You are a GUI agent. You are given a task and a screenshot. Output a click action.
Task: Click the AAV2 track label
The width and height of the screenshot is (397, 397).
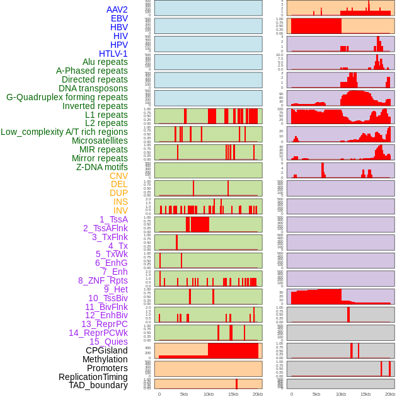tap(117, 9)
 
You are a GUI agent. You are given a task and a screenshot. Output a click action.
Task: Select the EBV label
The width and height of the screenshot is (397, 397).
tap(119, 18)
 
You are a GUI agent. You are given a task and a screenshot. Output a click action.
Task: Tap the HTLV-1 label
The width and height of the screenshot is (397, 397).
tap(113, 54)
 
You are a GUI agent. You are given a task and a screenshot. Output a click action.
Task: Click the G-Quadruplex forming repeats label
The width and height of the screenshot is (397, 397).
tap(67, 97)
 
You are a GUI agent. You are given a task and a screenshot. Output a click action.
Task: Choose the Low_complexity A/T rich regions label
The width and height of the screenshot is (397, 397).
tap(64, 132)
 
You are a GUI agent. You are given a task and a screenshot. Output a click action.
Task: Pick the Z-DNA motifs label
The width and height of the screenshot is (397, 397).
tap(102, 167)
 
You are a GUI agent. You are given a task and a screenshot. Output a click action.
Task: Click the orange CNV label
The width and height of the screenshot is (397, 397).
tap(118, 176)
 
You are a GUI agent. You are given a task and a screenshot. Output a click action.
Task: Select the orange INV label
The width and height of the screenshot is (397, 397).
tap(120, 210)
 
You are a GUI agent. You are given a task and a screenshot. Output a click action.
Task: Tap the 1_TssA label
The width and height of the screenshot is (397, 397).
tap(113, 219)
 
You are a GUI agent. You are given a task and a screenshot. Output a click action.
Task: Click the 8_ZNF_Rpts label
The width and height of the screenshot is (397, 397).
tap(103, 280)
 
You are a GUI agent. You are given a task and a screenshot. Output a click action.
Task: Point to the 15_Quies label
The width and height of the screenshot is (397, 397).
tap(108, 342)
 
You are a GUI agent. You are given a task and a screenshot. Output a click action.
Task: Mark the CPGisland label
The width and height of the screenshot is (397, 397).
tap(106, 350)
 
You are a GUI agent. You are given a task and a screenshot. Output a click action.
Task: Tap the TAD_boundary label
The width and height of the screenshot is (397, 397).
tap(98, 385)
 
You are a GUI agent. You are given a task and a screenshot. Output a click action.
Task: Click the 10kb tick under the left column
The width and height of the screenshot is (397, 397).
tap(209, 394)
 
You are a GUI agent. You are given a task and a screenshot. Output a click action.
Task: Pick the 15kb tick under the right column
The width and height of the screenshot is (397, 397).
tap(365, 394)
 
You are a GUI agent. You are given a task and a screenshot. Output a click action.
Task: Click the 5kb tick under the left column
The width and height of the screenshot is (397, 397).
tap(184, 394)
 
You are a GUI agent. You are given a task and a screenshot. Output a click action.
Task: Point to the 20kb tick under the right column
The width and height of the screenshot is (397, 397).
tap(390, 394)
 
